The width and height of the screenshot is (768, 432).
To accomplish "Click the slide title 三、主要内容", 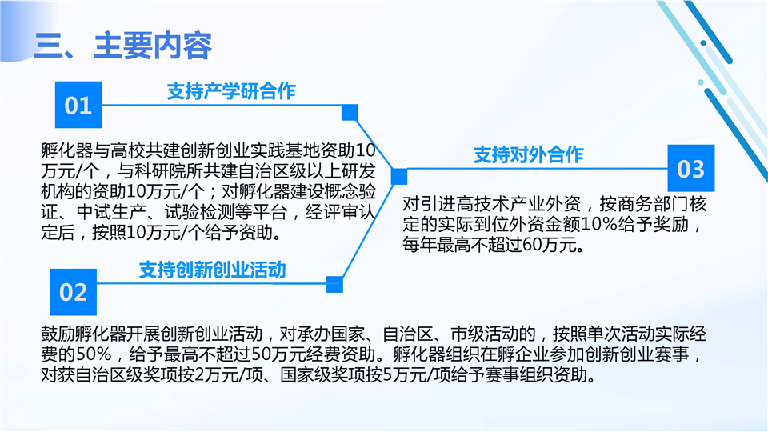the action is [x=123, y=46].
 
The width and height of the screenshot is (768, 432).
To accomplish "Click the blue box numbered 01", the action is [x=78, y=105].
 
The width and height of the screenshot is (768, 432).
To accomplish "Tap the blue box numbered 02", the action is [x=73, y=292].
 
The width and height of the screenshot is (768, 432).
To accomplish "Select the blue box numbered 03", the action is [x=691, y=168].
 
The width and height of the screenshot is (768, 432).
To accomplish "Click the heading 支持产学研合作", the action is [x=231, y=91].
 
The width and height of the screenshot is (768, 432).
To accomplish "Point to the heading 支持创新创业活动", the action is [x=213, y=270].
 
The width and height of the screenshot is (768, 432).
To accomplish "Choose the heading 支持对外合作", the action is [x=529, y=154].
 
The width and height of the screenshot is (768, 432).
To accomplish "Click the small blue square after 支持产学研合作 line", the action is [x=350, y=112].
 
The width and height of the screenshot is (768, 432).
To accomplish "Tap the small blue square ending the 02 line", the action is [x=335, y=284].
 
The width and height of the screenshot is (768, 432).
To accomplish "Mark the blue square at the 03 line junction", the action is [x=399, y=176].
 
